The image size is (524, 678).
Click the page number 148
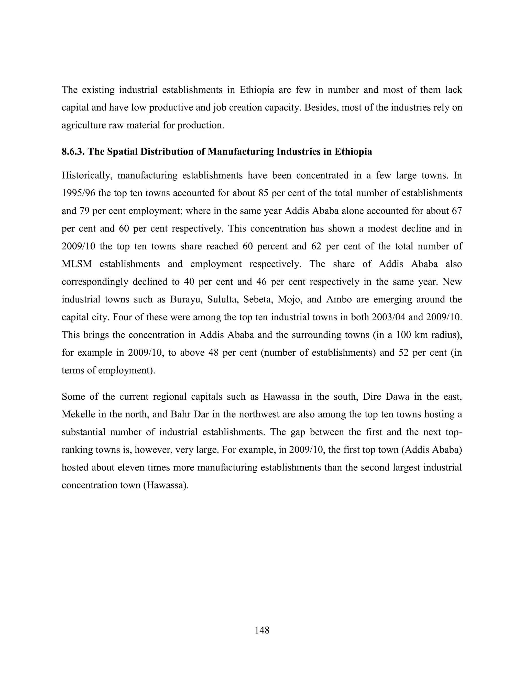262,630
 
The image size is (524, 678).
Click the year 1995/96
79,193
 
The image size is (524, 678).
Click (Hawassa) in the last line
166,485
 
